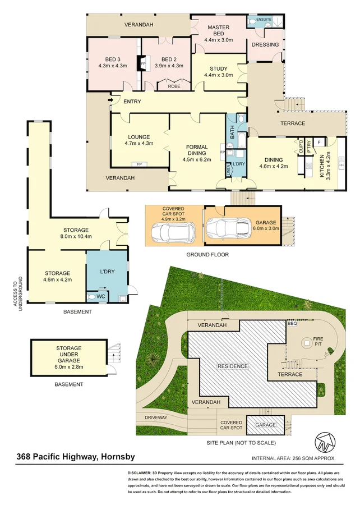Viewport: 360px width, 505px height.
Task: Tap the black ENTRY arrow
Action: [112, 101]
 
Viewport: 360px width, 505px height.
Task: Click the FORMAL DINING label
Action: [197, 150]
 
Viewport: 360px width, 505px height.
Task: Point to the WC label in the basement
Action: [101, 296]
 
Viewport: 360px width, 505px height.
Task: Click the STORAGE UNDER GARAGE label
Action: [68, 353]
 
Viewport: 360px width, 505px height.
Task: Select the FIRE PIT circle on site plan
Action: [307, 342]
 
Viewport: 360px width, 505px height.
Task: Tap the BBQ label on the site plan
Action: [292, 324]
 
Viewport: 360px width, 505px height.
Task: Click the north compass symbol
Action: [327, 442]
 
